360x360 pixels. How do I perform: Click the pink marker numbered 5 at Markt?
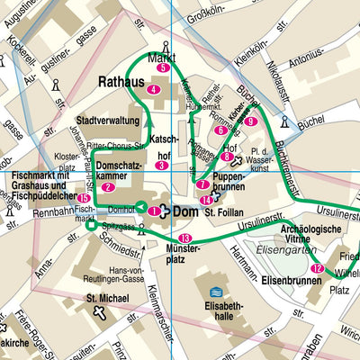[x=163, y=67]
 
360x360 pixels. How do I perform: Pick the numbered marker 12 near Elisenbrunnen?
[x=316, y=268]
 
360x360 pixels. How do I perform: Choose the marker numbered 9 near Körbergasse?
[x=251, y=121]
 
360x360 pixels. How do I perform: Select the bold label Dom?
[x=184, y=211]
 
